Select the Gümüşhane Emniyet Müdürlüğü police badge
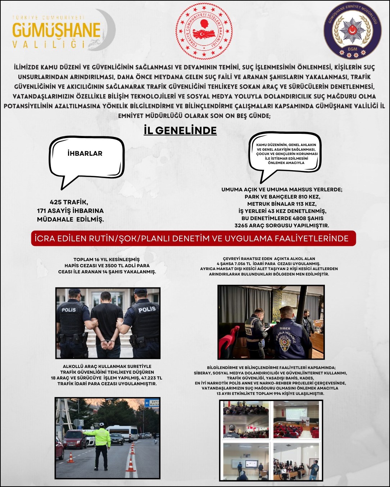click(x=352, y=30)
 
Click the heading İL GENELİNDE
click(x=180, y=130)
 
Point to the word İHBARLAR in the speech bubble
click(x=85, y=153)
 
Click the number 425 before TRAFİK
click(x=56, y=202)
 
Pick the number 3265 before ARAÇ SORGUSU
click(x=242, y=226)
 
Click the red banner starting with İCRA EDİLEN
click(x=194, y=238)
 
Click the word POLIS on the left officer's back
click(x=69, y=310)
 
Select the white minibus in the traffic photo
click(x=122, y=432)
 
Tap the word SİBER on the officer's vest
click(x=285, y=328)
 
